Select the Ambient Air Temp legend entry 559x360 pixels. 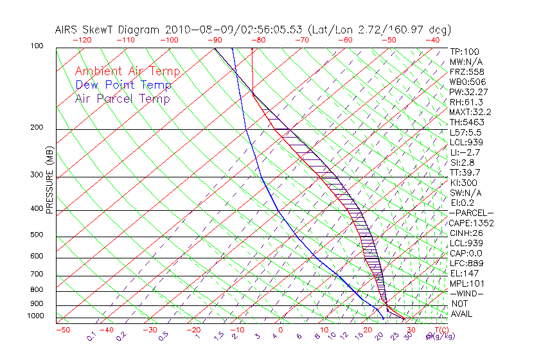(127, 71)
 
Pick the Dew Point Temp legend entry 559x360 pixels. (123, 85)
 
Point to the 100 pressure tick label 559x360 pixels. (36, 46)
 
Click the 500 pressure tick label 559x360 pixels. (36, 236)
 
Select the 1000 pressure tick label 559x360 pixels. (35, 316)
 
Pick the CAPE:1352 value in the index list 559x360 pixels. (468, 223)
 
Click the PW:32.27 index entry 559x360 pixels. (466, 92)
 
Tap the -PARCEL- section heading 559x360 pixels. (471, 213)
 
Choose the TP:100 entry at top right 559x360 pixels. (464, 52)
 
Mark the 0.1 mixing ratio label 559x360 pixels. (91, 336)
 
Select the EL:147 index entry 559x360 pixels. (463, 274)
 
